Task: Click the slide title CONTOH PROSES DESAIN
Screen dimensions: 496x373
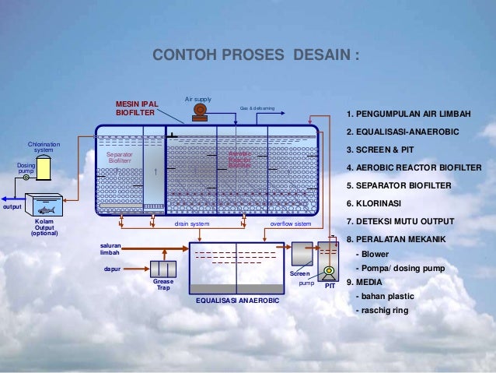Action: point(257,56)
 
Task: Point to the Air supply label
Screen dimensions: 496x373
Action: point(197,100)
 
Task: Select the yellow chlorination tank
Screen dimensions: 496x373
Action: point(44,167)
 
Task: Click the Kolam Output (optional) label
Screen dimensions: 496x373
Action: point(44,227)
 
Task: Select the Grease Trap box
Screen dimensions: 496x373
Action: point(163,269)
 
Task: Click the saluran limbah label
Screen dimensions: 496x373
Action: point(110,249)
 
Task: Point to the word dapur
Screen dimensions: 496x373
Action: point(112,269)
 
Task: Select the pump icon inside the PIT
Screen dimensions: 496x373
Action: point(329,272)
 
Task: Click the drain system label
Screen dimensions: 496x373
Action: point(192,223)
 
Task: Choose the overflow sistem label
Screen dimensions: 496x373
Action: point(290,223)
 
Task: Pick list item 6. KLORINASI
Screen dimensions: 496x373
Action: point(374,203)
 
